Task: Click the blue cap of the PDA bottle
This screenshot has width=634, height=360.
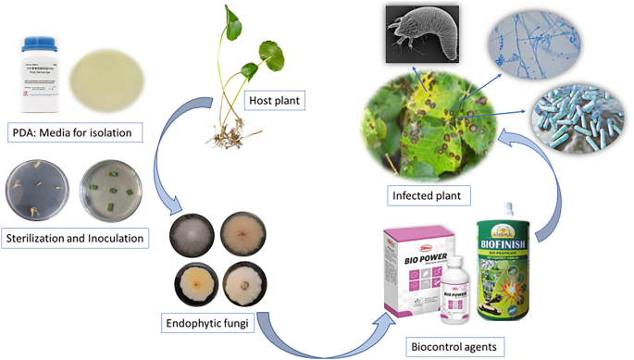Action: point(35,44)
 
